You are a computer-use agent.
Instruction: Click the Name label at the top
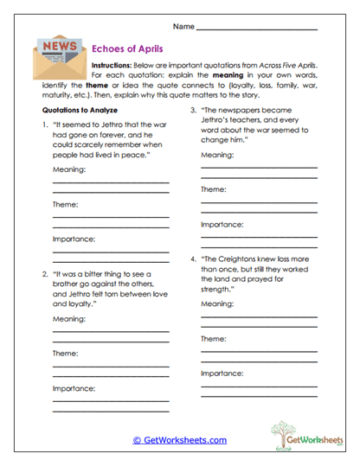[x=183, y=28]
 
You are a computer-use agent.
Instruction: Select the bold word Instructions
[x=115, y=66]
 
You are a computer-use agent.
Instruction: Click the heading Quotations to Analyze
[x=80, y=111]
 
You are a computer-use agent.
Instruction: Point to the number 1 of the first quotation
[x=45, y=127]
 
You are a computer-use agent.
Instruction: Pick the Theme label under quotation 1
[x=66, y=204]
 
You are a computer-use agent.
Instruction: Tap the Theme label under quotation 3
[x=214, y=188]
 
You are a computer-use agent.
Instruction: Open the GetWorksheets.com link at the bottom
[x=179, y=440]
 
